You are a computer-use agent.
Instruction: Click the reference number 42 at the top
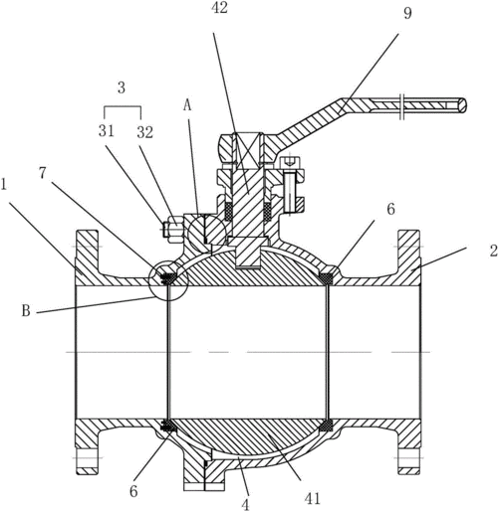pos(219,8)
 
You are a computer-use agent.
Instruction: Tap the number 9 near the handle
pos(407,13)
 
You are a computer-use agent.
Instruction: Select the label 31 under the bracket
pos(107,131)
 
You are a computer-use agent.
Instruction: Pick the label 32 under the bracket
pos(145,132)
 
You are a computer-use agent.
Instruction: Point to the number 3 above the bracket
pos(122,88)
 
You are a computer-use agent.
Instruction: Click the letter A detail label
pos(188,105)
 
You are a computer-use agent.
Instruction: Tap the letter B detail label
pos(26,311)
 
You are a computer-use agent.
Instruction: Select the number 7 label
pos(42,174)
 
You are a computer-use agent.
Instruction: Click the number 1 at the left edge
pos(4,185)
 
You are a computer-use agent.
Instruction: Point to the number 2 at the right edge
pos(494,251)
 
